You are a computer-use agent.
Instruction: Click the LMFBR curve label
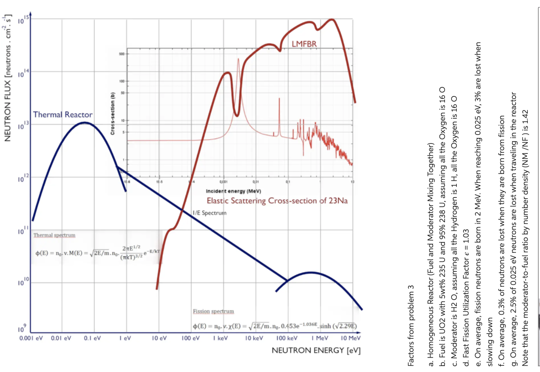[x=304, y=44]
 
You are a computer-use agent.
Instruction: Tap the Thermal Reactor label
[x=63, y=115]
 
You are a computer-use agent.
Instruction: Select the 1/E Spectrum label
[x=209, y=213]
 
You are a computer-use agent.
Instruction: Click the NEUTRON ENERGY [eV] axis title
[x=316, y=350]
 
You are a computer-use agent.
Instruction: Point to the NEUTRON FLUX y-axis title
[x=7, y=78]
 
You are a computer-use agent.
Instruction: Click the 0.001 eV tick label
[x=31, y=338]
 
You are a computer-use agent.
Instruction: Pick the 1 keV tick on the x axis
[x=220, y=338]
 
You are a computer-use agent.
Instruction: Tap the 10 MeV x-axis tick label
[x=350, y=338]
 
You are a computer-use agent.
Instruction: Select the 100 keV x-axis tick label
[x=287, y=338]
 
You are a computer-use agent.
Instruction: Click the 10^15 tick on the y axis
[x=23, y=20]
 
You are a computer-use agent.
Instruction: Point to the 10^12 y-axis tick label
[x=23, y=178]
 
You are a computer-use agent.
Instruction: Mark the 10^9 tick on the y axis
[x=22, y=328]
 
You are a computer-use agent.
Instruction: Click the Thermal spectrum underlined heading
[x=54, y=235]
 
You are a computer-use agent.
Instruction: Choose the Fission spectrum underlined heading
[x=213, y=311]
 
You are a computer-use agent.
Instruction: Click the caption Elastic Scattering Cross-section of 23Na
[x=277, y=201]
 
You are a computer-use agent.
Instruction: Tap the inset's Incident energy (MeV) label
[x=233, y=191]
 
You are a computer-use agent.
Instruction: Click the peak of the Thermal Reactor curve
[x=85, y=122]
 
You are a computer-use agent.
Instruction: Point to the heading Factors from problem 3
[x=411, y=325]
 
